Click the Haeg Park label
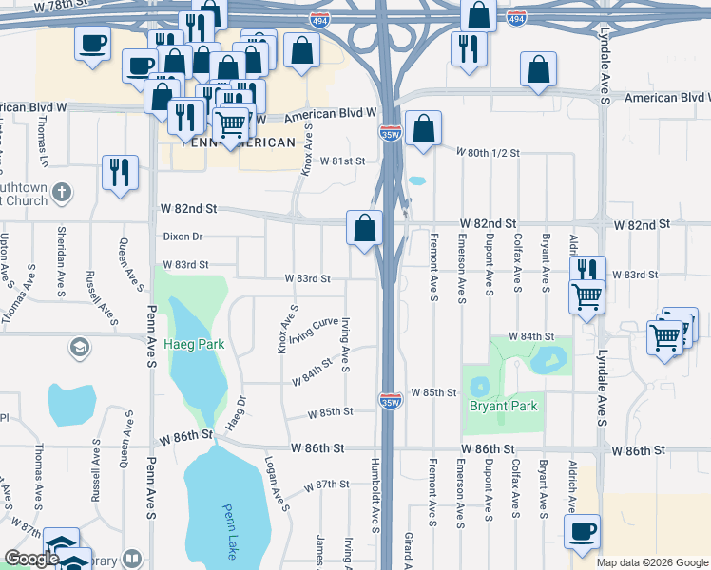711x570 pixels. pos(194,344)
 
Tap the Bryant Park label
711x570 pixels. pos(503,406)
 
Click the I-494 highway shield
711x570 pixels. pos(516,18)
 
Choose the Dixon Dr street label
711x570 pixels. pos(183,236)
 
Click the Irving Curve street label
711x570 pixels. pos(314,331)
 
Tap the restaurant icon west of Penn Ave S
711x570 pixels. pos(120,172)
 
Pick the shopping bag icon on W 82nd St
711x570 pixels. pos(364,228)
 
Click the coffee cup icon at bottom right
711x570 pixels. pos(582,532)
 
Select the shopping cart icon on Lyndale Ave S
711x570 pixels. pos(586,295)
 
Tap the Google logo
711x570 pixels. pos(31,560)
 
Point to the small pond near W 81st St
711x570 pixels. pos(416,180)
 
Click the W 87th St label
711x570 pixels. pos(327,484)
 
